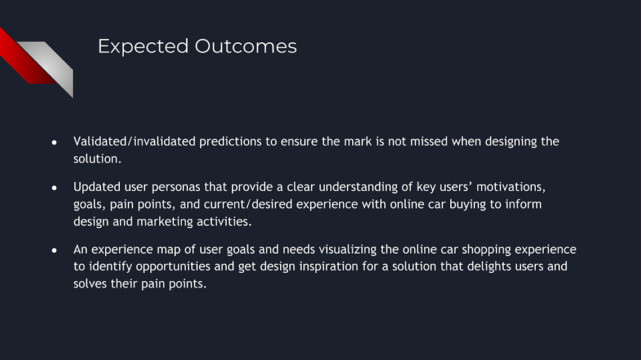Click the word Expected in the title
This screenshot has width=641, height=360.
click(143, 47)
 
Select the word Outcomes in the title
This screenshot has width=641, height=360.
click(246, 46)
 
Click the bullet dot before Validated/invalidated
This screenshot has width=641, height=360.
click(54, 143)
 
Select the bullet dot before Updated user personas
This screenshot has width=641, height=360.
click(54, 188)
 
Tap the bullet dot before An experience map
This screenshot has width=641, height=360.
click(54, 250)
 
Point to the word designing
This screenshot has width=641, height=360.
click(511, 142)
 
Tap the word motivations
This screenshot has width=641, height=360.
click(510, 187)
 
